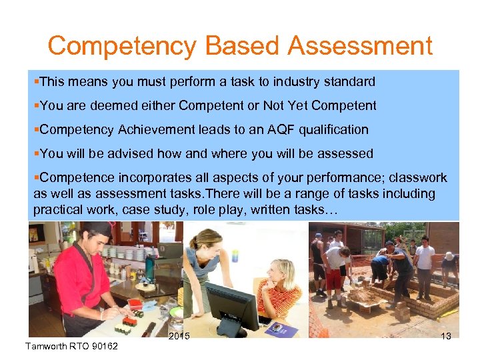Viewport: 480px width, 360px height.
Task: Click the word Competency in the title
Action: [x=122, y=47]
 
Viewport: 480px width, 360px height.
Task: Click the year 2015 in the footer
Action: [x=179, y=336]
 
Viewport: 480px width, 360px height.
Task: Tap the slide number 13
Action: [x=445, y=336]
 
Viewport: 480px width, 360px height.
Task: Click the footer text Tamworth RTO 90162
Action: [x=70, y=346]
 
